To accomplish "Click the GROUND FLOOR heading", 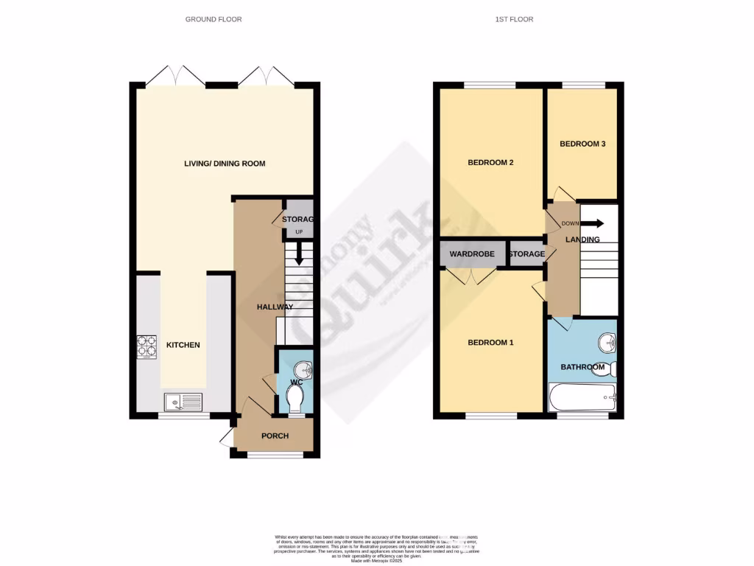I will tap(214, 19).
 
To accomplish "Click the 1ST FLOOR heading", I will tap(514, 19).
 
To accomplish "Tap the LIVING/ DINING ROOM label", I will tap(225, 163).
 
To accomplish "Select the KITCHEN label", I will tap(183, 345).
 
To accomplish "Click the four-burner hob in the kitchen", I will tap(147, 347).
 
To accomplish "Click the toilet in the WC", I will tap(295, 400).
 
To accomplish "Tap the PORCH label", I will tap(275, 436).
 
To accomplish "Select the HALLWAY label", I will tap(275, 307).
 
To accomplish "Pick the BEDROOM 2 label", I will tap(490, 163).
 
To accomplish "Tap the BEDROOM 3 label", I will tap(582, 144).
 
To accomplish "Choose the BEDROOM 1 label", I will tap(490, 343).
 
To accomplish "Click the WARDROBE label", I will tap(472, 254).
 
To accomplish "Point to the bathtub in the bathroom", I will tap(582, 398).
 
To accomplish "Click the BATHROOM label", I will tap(582, 367).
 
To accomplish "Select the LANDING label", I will tap(582, 240).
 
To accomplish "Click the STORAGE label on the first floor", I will tap(527, 254).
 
